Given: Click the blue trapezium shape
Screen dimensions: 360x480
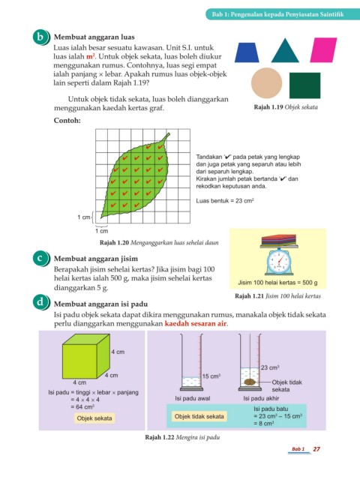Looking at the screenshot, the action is coord(247,52).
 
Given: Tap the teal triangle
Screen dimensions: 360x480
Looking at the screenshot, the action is coord(285,52).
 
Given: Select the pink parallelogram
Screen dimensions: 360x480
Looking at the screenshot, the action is coord(323,50).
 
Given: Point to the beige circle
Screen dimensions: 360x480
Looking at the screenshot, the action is coord(267,83).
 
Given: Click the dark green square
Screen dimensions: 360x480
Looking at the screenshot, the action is coord(305,85).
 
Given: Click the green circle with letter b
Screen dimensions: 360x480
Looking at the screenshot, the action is coord(40,37).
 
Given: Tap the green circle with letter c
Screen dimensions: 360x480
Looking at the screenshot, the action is coord(40,258).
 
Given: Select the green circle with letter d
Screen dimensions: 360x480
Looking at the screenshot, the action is coord(40,302).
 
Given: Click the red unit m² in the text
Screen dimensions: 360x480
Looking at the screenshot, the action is coord(91,57).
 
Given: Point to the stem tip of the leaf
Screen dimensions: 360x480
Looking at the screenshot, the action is coord(169,133).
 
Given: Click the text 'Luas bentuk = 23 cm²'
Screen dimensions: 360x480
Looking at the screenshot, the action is coord(225,201).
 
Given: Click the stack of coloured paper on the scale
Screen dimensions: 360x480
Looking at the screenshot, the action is coord(278,240).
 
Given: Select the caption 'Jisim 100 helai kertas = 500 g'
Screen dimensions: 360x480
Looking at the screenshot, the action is coord(277,283).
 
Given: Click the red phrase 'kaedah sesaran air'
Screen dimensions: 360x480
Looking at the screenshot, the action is coord(196,323).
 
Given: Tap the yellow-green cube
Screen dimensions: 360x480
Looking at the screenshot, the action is coord(86,356).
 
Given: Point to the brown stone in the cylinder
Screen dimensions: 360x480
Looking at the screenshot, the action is coord(250,382).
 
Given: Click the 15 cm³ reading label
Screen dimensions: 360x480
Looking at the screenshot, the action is coord(211,376).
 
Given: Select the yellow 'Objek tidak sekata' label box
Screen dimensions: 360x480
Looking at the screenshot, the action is coord(199,416).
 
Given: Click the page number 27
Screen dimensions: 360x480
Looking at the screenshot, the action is coord(316,449).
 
